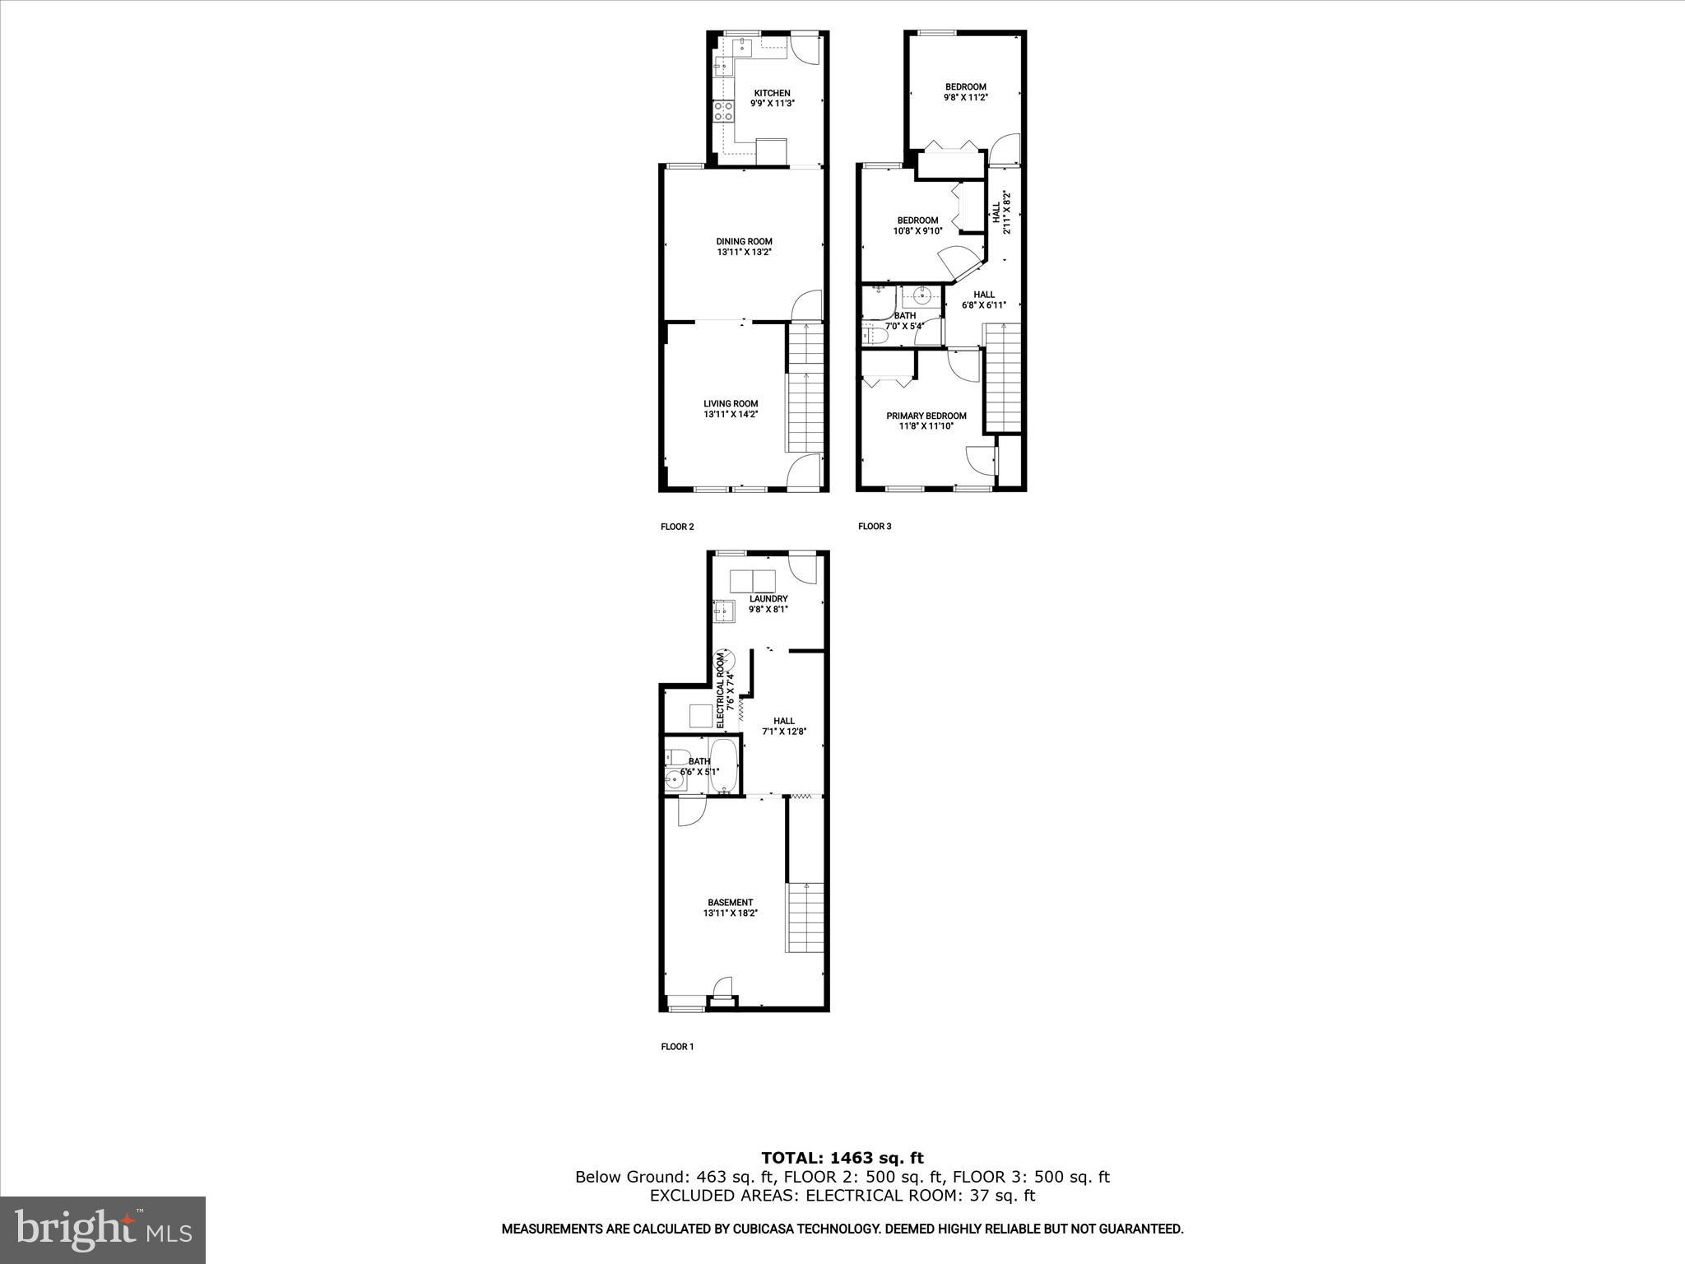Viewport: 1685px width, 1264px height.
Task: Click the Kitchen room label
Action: click(x=772, y=98)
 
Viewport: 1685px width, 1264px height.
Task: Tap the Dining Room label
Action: click(x=744, y=247)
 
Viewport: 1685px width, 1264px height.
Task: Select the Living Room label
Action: click(x=731, y=409)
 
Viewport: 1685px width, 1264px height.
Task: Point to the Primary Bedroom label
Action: click(x=926, y=421)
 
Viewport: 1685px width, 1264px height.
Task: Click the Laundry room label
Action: click(x=768, y=604)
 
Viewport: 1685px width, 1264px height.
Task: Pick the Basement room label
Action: click(x=730, y=908)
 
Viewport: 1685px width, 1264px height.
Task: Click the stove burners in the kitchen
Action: click(x=147, y=112)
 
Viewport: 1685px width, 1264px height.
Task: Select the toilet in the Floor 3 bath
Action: click(x=873, y=332)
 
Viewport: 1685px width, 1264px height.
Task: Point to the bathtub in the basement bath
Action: click(x=724, y=765)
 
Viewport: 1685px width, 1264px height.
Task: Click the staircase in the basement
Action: click(x=805, y=918)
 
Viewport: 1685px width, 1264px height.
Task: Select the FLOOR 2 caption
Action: click(x=677, y=527)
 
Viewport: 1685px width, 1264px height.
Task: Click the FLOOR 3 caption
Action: click(x=875, y=527)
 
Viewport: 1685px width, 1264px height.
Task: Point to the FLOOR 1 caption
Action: click(x=677, y=1047)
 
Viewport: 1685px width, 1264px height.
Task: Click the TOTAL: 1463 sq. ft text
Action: click(x=842, y=1158)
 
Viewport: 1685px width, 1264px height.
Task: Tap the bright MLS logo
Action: click(x=103, y=1229)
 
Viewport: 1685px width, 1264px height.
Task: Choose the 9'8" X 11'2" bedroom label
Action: click(x=965, y=92)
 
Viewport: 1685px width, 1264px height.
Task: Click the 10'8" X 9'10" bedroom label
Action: click(x=917, y=225)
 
